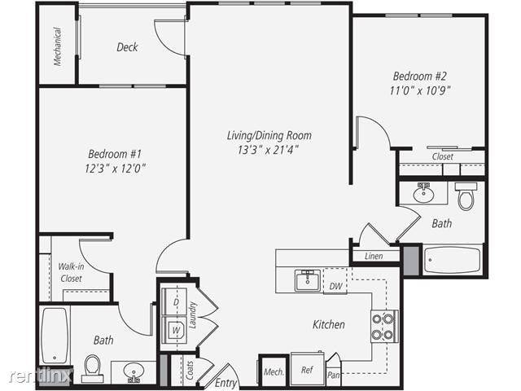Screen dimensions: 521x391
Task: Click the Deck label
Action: click(x=127, y=47)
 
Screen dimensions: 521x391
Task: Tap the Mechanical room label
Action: click(x=58, y=46)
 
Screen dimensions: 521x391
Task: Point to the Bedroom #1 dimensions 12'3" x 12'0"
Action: click(x=115, y=169)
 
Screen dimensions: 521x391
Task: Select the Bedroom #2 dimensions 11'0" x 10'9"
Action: click(x=420, y=90)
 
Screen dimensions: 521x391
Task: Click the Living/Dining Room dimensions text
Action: click(x=268, y=150)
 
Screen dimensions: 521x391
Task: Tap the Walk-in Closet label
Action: click(x=71, y=272)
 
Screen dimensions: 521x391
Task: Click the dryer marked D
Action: click(x=174, y=301)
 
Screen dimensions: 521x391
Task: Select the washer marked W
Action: click(x=174, y=330)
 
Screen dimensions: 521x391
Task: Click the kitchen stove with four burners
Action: click(x=384, y=327)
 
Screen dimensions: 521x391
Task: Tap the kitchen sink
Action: click(x=308, y=280)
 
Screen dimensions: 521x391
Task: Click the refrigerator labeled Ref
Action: click(x=308, y=369)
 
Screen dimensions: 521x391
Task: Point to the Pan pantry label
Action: click(x=333, y=375)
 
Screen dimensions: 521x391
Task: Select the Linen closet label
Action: click(x=374, y=256)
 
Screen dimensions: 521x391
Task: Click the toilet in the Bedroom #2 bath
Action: click(x=466, y=196)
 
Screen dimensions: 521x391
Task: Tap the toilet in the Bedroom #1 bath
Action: click(x=93, y=369)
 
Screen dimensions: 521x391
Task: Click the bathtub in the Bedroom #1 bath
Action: click(x=55, y=336)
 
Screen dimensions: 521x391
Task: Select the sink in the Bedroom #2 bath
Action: click(x=423, y=192)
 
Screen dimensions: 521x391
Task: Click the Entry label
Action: click(x=225, y=383)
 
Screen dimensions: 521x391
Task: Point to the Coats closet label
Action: click(x=190, y=371)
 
